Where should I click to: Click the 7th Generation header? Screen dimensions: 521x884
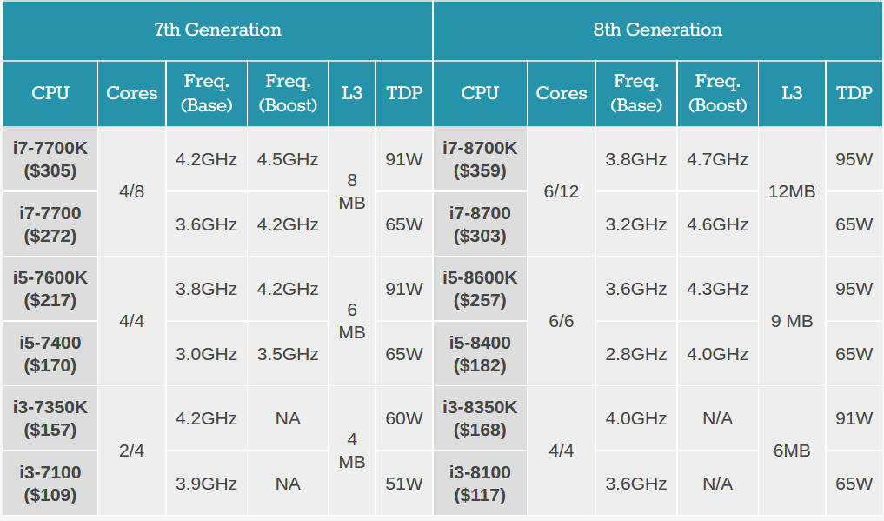pyautogui.click(x=217, y=30)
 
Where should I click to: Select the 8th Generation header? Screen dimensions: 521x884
pyautogui.click(x=657, y=30)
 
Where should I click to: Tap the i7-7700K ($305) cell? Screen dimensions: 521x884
pyautogui.click(x=50, y=159)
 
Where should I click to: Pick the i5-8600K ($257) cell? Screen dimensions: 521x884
pyautogui.click(x=480, y=289)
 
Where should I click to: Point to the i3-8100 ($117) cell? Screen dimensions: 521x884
pyautogui.click(x=480, y=484)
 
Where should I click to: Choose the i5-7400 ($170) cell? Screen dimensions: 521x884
pyautogui.click(x=50, y=354)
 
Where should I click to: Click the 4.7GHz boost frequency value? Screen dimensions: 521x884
pyautogui.click(x=717, y=159)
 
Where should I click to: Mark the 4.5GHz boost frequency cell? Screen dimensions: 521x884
pyautogui.click(x=288, y=159)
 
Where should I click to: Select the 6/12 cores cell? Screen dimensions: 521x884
pyautogui.click(x=562, y=191)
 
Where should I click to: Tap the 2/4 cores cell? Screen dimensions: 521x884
pyautogui.click(x=131, y=451)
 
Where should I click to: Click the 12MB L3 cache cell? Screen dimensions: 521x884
pyautogui.click(x=792, y=191)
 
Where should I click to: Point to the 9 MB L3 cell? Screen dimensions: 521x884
pyautogui.click(x=792, y=321)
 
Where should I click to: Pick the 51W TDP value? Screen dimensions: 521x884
pyautogui.click(x=404, y=484)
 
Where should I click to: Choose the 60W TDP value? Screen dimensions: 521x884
pyautogui.click(x=404, y=418)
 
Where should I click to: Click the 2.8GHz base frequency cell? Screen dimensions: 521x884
pyautogui.click(x=636, y=354)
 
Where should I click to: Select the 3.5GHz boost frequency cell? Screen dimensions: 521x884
pyautogui.click(x=288, y=354)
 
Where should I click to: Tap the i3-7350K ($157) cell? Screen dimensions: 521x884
pyautogui.click(x=50, y=418)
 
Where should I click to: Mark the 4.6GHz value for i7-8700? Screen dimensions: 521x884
pyautogui.click(x=717, y=224)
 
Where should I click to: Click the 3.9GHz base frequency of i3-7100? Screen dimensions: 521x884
pyautogui.click(x=206, y=484)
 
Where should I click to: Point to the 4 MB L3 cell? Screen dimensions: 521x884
pyautogui.click(x=352, y=451)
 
